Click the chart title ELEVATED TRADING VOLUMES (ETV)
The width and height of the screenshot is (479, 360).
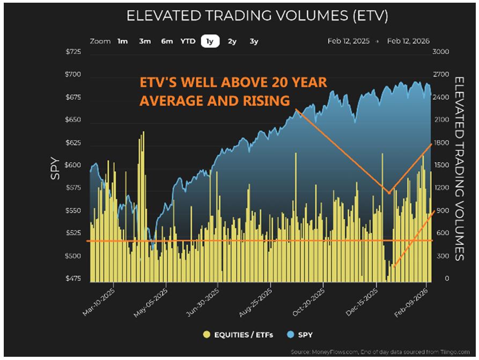pyautogui.click(x=257, y=16)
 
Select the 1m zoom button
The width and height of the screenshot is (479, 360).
pyautogui.click(x=123, y=41)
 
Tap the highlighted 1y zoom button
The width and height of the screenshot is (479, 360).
pyautogui.click(x=210, y=41)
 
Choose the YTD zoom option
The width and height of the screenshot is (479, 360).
pyautogui.click(x=188, y=41)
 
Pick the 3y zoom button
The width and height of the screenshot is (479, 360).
pyautogui.click(x=254, y=41)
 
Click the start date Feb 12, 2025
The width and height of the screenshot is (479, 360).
pyautogui.click(x=348, y=41)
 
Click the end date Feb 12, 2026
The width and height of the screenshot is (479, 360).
pyautogui.click(x=409, y=41)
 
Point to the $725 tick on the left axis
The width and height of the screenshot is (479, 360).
pyautogui.click(x=74, y=52)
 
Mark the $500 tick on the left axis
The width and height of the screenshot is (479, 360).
pyautogui.click(x=74, y=256)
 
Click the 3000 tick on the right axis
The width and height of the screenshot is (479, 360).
pyautogui.click(x=441, y=52)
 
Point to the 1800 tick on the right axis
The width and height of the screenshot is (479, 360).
pyautogui.click(x=441, y=143)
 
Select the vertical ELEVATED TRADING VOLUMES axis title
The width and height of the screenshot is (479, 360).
pyautogui.click(x=460, y=168)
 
